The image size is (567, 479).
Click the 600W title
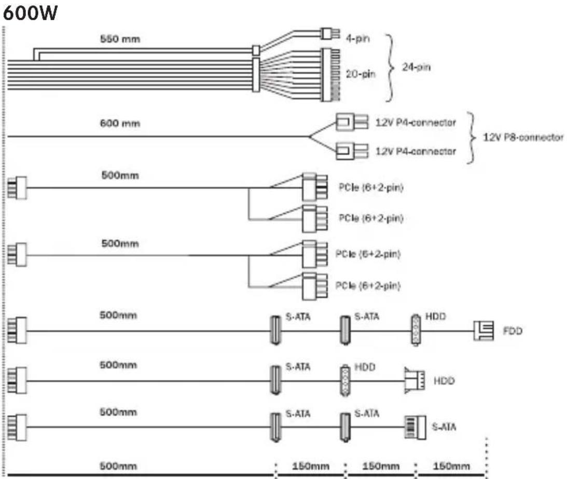coord(30,14)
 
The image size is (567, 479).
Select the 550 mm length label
coord(120,39)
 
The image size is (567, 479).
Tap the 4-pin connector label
coord(356,37)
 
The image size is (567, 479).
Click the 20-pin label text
coord(360,75)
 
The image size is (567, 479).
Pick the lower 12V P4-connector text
coord(415,152)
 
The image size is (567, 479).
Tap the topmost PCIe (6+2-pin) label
coord(371,188)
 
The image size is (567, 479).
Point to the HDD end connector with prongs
coord(414,380)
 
